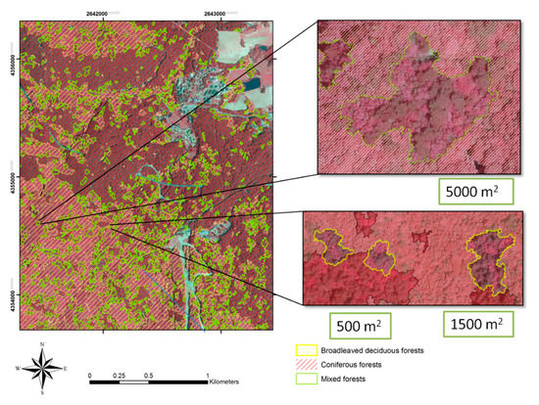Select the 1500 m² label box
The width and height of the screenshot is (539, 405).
pos(482,324)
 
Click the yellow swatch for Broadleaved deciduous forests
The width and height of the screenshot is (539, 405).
pos(305,348)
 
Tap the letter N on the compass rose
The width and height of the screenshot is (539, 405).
pos(42,345)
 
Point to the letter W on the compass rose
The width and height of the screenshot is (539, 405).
pos(18,368)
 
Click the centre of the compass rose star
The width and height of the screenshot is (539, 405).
pos(42,368)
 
